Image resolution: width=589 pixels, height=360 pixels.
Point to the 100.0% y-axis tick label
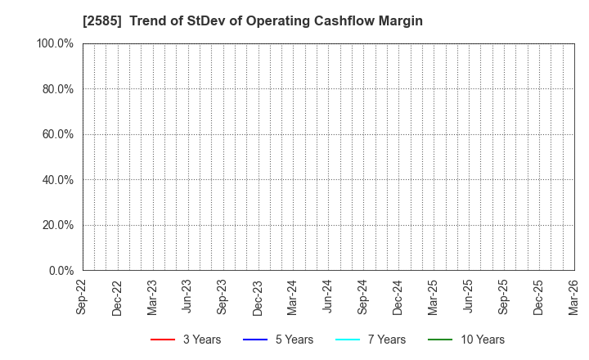point(55,43)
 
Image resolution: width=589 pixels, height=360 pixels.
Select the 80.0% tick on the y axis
point(57,88)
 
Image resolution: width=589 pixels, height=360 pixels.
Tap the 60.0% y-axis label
point(57,134)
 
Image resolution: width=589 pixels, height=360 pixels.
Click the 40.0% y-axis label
point(57,179)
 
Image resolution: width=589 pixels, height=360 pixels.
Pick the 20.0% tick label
point(57,225)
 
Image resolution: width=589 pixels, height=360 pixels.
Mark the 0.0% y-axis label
point(61,270)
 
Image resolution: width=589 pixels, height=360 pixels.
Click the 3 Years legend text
point(201,340)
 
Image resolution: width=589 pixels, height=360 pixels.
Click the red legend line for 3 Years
point(162,340)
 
